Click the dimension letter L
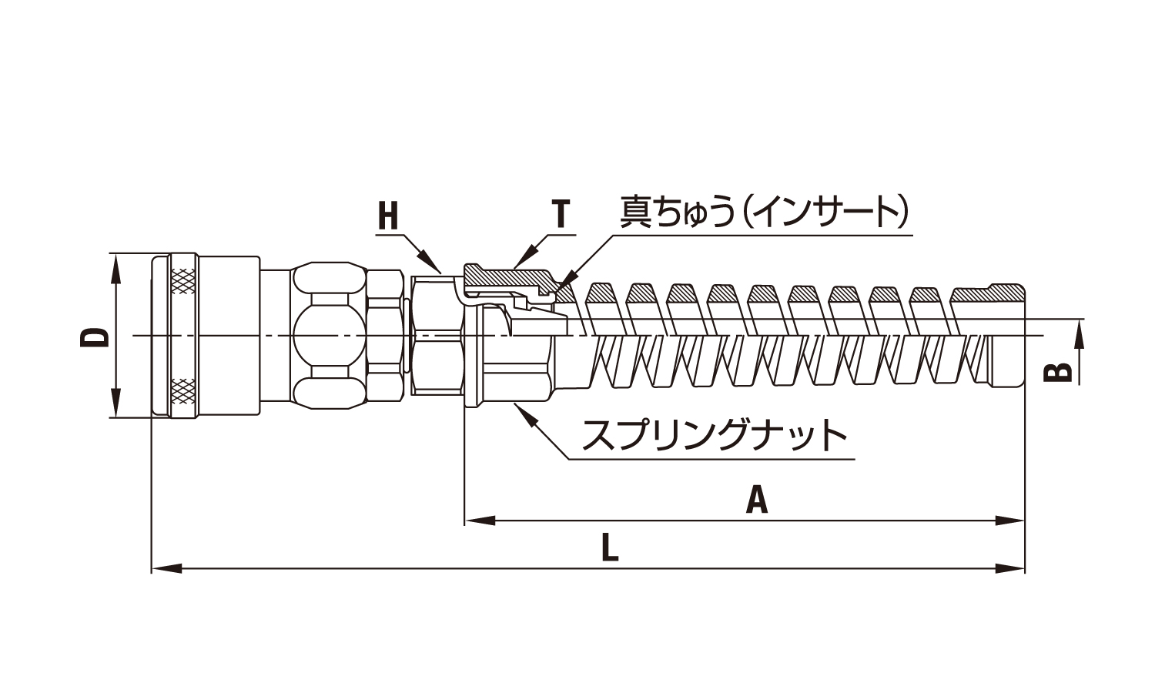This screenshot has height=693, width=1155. (x=609, y=548)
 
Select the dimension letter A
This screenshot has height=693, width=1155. (x=758, y=500)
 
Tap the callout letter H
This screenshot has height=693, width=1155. (x=389, y=216)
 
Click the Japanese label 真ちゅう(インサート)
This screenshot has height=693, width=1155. (x=765, y=212)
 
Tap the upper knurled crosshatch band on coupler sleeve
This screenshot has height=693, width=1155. (x=183, y=280)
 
